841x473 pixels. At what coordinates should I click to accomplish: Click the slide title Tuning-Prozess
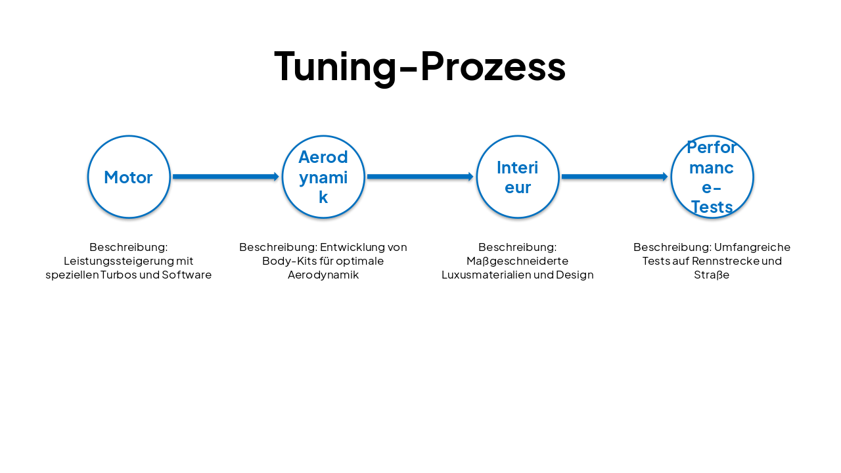[420, 66]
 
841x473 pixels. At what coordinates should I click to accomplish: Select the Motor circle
[129, 177]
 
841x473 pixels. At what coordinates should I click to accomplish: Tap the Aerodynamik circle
[323, 177]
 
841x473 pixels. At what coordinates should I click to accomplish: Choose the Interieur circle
[518, 177]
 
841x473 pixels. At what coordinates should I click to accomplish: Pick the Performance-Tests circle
[712, 177]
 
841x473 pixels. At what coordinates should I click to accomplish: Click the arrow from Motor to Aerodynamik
[225, 177]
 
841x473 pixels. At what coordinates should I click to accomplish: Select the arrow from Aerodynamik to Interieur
[420, 177]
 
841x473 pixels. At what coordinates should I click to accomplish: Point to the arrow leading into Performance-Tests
[614, 177]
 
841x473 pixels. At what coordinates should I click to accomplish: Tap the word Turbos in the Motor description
[118, 275]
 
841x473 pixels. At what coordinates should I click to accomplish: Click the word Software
[187, 275]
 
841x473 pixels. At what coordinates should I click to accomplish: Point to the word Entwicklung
[353, 247]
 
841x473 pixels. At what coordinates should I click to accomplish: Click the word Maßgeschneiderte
[518, 261]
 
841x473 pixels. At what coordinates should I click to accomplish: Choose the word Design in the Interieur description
[575, 275]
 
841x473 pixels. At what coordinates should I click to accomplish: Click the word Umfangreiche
[752, 247]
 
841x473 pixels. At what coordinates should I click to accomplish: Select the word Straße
[712, 275]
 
